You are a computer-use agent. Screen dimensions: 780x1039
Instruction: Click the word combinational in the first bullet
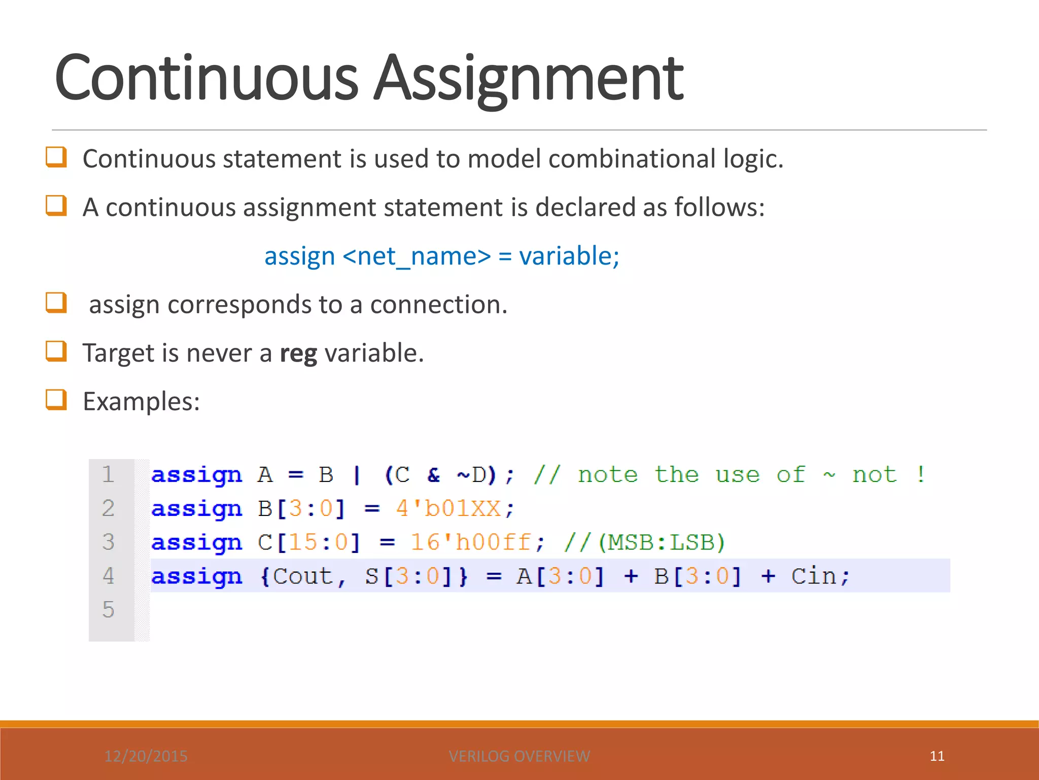click(x=632, y=159)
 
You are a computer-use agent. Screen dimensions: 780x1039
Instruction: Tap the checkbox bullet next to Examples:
click(x=56, y=400)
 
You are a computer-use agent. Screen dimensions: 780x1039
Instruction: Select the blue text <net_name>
click(x=417, y=256)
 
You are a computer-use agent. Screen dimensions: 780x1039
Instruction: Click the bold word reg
click(x=298, y=353)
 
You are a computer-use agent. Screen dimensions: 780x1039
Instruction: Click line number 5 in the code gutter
click(x=108, y=609)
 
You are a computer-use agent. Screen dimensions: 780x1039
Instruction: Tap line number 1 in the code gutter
click(x=108, y=474)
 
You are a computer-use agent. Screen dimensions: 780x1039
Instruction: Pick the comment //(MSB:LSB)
click(x=644, y=542)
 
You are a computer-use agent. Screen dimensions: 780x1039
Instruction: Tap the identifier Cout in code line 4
click(x=302, y=576)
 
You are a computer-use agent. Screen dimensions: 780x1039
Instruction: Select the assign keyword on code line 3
click(x=196, y=542)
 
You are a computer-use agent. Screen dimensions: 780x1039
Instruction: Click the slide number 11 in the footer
click(x=937, y=756)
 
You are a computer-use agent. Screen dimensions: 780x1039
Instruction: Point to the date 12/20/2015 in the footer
click(x=146, y=756)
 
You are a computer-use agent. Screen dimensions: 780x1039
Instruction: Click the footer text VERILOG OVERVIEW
click(x=519, y=756)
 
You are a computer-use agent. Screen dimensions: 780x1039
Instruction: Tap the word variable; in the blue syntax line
click(x=569, y=256)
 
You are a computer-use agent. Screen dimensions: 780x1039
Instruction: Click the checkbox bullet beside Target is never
click(x=56, y=351)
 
